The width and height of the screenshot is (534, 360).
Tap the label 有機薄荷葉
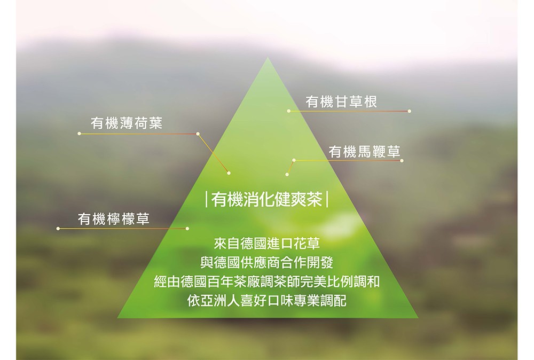(127, 124)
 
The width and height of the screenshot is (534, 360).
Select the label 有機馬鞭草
(364, 151)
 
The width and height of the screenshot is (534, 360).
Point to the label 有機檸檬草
(114, 219)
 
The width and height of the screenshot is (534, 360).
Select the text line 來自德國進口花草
(266, 245)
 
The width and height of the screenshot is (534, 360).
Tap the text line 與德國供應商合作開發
(266, 263)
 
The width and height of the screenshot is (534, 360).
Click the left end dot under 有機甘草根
(288, 111)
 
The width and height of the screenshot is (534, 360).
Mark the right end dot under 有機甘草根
(409, 111)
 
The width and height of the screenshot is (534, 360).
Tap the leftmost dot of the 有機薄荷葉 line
(79, 134)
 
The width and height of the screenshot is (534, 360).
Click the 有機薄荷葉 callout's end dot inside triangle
(229, 173)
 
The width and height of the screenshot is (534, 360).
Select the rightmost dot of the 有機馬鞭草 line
(402, 160)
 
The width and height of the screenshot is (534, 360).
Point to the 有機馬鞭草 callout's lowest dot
(287, 174)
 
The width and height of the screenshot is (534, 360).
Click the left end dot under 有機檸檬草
(58, 229)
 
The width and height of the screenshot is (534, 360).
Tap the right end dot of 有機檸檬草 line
(187, 229)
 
